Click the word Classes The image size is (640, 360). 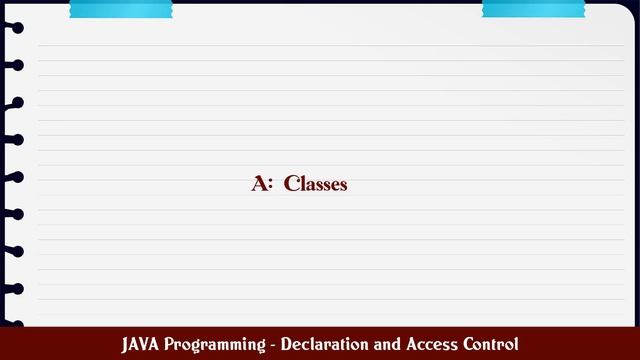[x=315, y=184]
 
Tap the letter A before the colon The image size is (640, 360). [x=260, y=184]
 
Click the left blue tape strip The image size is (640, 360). [x=120, y=9]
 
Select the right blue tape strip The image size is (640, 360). [x=533, y=9]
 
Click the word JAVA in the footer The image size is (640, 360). [x=141, y=344]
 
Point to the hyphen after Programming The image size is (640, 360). [x=273, y=345]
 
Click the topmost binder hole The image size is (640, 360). [x=14, y=27]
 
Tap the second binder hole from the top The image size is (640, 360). [x=14, y=65]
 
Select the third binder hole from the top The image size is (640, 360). [x=14, y=102]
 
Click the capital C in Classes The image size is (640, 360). [x=291, y=184]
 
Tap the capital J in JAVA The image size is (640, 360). [x=127, y=344]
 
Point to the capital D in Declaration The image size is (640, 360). [x=287, y=344]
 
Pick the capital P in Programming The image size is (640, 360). [x=172, y=344]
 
